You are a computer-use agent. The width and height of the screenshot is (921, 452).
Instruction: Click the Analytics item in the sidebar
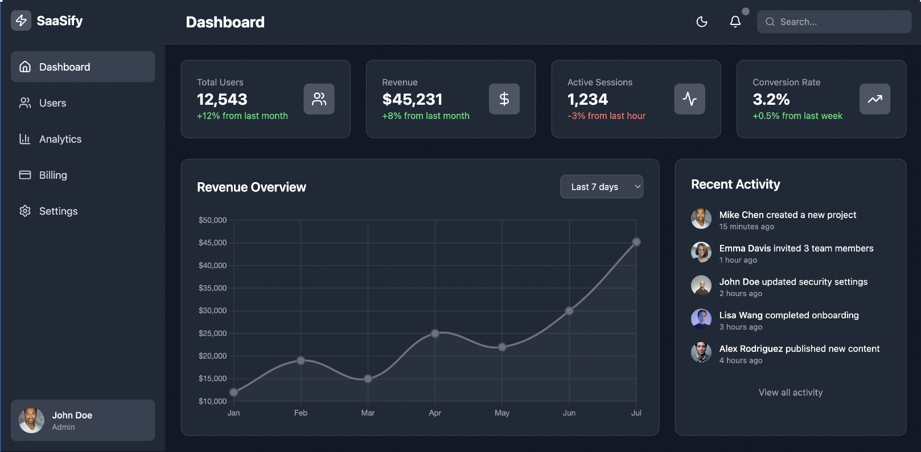tap(60, 139)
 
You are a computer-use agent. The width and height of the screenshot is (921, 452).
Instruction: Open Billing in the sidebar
tap(53, 175)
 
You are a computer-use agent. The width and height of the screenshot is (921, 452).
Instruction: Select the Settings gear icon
tap(25, 211)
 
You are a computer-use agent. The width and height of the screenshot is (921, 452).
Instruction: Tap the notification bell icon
tap(735, 22)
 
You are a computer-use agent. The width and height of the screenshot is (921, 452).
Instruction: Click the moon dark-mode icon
tap(702, 22)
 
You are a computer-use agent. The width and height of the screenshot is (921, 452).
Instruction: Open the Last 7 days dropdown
tap(602, 187)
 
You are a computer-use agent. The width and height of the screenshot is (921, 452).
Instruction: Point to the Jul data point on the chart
tap(636, 242)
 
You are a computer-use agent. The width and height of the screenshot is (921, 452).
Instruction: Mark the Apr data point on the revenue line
tap(435, 334)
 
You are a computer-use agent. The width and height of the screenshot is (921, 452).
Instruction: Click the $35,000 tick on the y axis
tap(212, 288)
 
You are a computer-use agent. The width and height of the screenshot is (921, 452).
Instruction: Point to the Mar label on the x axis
tap(368, 413)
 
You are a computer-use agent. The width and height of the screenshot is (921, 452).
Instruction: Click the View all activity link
tap(790, 392)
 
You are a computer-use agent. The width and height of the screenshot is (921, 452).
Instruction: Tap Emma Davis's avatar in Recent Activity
tap(701, 252)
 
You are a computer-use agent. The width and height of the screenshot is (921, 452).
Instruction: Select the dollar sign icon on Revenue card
tap(504, 99)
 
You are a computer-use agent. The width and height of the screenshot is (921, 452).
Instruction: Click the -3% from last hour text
tap(606, 116)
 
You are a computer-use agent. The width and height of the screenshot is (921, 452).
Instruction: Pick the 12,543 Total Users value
tap(222, 100)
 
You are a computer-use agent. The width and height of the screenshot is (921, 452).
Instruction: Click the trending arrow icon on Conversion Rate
tap(874, 99)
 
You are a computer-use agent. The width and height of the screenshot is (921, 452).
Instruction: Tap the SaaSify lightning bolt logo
tap(21, 21)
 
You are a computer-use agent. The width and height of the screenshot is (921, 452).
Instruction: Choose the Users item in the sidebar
tap(52, 103)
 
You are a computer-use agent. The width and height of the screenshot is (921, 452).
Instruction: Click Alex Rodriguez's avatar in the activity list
tap(701, 352)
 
